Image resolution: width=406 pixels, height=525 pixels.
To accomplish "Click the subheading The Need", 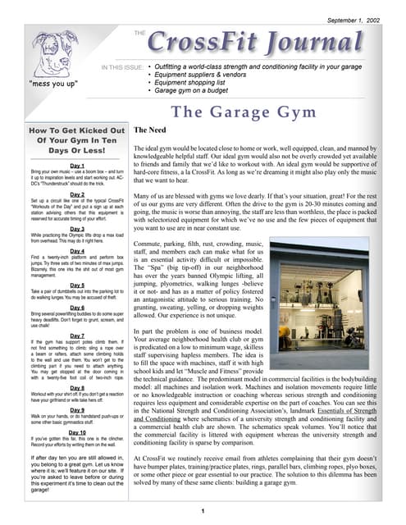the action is point(151,130).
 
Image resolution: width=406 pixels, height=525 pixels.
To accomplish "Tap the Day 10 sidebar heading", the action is point(77,431).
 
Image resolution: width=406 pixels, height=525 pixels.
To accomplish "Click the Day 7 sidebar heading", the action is point(77,336).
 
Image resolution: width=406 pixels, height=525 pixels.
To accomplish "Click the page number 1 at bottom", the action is point(203,512).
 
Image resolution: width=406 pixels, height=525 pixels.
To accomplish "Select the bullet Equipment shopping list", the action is point(191,84).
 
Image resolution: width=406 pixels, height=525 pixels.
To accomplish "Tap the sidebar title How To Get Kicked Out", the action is point(76,130).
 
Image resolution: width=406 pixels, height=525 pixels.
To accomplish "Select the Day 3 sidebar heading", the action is point(77,229).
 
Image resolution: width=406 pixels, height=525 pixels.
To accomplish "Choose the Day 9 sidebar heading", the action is point(77,409).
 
